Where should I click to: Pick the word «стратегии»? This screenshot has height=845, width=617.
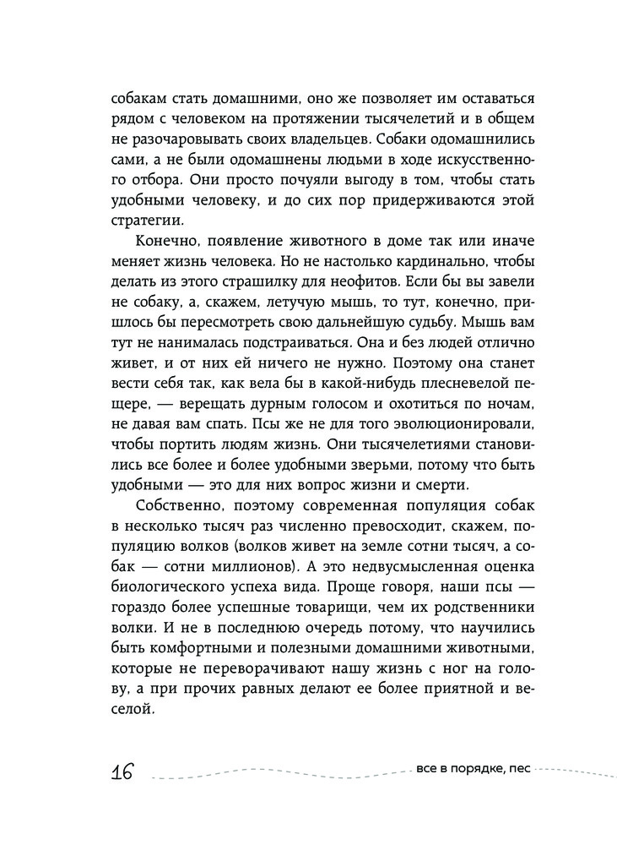point(146,221)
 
